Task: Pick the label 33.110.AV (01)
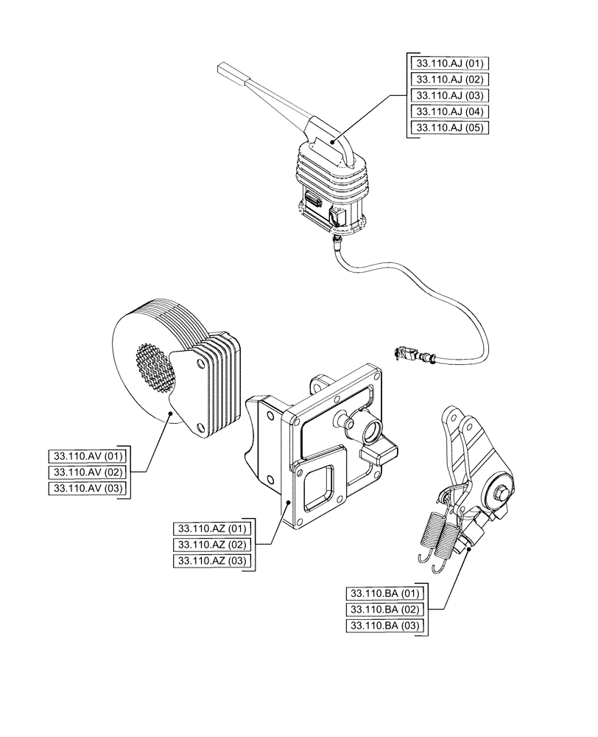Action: pyautogui.click(x=87, y=455)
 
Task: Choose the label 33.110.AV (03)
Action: pyautogui.click(x=87, y=488)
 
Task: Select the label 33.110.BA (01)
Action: pyautogui.click(x=384, y=593)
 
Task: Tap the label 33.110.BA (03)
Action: pyautogui.click(x=384, y=626)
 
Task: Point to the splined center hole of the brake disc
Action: pyautogui.click(x=154, y=368)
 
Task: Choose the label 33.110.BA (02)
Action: pyautogui.click(x=384, y=609)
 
